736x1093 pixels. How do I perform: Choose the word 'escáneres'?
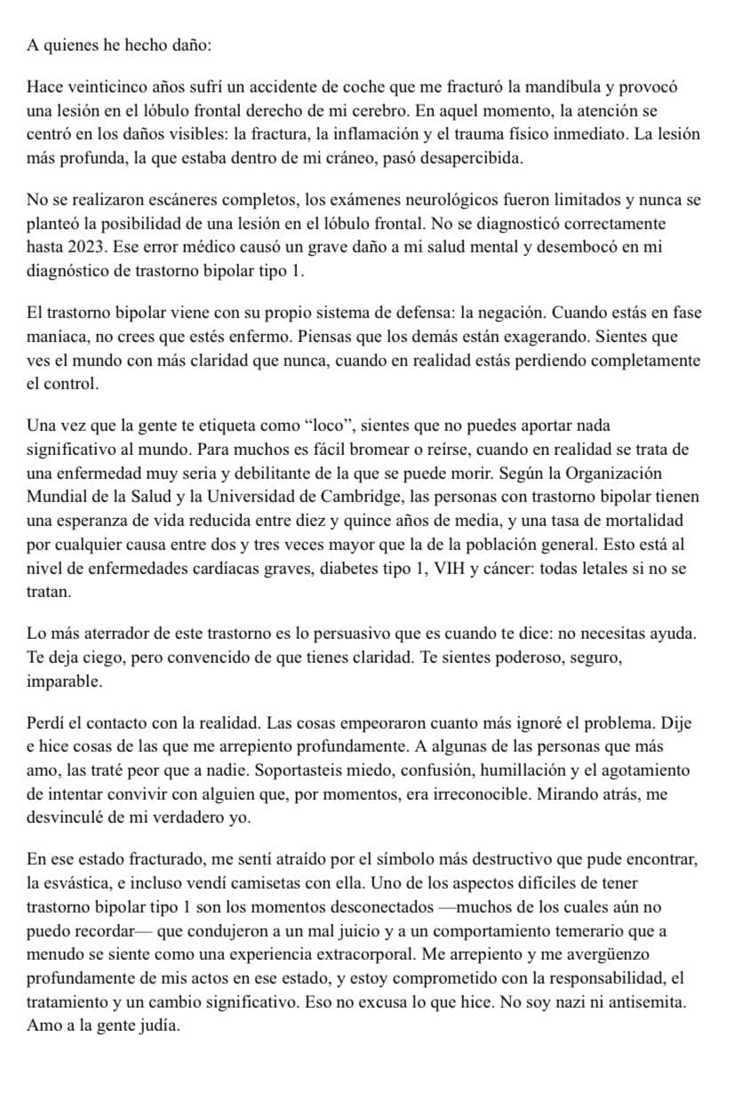[155, 199]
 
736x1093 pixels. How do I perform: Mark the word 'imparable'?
[64, 683]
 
